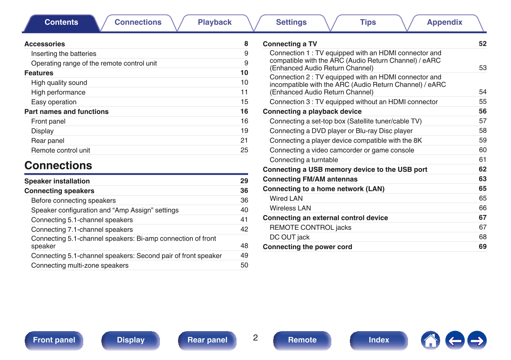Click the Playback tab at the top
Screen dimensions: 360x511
tap(214, 23)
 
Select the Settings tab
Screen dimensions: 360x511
tap(291, 23)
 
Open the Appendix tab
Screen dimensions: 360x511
tap(444, 23)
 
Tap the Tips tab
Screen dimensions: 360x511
tap(368, 23)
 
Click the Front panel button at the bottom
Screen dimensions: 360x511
tap(54, 340)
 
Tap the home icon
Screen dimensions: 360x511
tap(430, 341)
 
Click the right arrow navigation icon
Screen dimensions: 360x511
tap(477, 341)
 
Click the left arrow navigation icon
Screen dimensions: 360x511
tap(455, 341)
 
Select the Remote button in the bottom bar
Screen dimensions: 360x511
tap(302, 340)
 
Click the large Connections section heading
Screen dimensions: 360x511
tap(58, 166)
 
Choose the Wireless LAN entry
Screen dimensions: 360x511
tap(290, 208)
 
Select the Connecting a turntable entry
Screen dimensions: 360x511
tap(304, 160)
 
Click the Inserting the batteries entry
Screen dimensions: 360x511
tap(63, 54)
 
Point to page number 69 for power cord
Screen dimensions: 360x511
tap(483, 247)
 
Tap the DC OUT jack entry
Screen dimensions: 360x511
tap(289, 237)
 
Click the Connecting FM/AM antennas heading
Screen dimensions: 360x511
tap(310, 179)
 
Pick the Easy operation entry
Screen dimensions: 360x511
tap(54, 102)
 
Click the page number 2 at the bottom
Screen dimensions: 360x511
tap(255, 338)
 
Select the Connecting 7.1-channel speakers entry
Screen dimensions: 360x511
tap(82, 229)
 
